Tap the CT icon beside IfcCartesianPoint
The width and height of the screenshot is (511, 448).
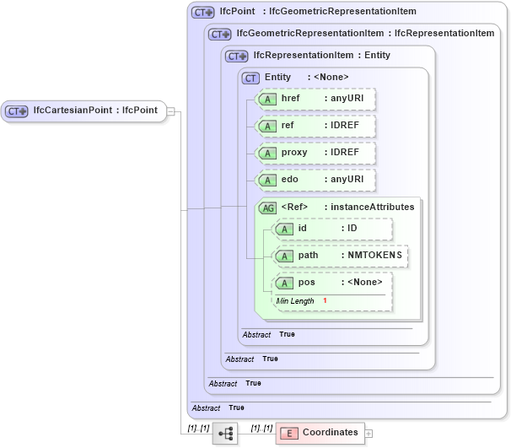coord(17,111)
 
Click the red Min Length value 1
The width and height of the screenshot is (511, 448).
coord(325,301)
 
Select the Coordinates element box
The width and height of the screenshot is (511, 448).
coord(320,433)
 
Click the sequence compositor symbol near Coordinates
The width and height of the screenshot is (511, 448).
coord(225,433)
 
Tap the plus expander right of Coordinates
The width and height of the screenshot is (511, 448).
coord(368,433)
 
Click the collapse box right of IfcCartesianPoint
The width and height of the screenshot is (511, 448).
coord(170,111)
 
